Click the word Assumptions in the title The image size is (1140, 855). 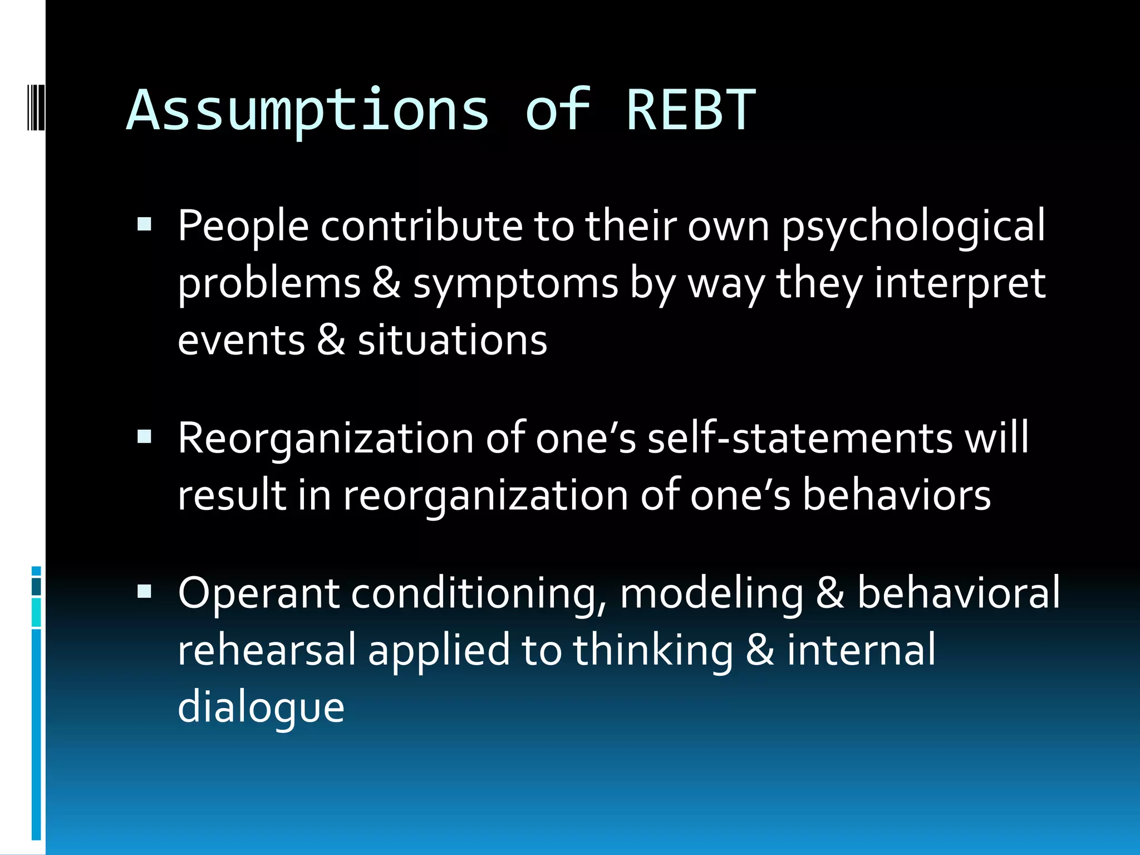(308, 111)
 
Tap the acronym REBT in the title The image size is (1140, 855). (691, 111)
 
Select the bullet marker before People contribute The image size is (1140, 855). (144, 225)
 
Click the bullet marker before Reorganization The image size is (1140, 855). (144, 437)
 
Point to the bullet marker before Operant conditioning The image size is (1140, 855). (144, 591)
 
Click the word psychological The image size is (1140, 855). (913, 227)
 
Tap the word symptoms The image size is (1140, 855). (515, 284)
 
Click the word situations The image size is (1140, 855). (452, 340)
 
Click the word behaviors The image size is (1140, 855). (896, 495)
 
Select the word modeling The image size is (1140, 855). (711, 593)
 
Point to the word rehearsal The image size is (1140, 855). (266, 650)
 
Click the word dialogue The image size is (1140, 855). (261, 708)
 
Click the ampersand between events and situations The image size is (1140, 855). (331, 340)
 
